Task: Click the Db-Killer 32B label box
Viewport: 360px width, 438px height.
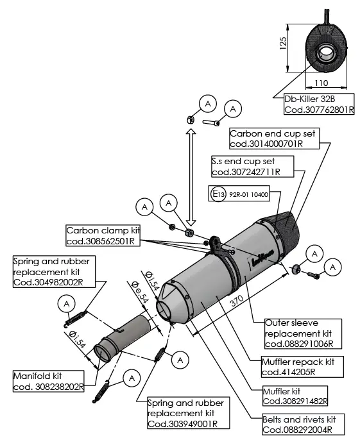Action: click(x=319, y=104)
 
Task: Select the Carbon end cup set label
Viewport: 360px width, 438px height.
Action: click(x=275, y=139)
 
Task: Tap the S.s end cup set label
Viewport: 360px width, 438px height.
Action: click(x=252, y=166)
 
